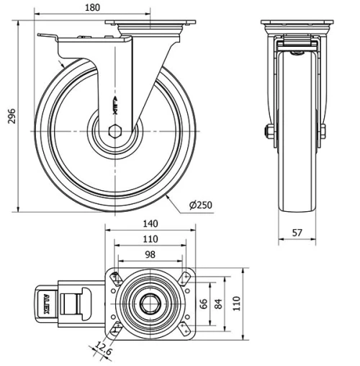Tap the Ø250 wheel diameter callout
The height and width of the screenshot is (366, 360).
click(201, 205)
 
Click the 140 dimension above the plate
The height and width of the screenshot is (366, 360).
click(150, 224)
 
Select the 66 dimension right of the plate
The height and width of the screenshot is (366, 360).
click(204, 303)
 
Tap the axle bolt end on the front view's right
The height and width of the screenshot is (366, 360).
click(323, 132)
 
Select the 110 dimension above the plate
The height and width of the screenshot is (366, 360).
click(150, 240)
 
